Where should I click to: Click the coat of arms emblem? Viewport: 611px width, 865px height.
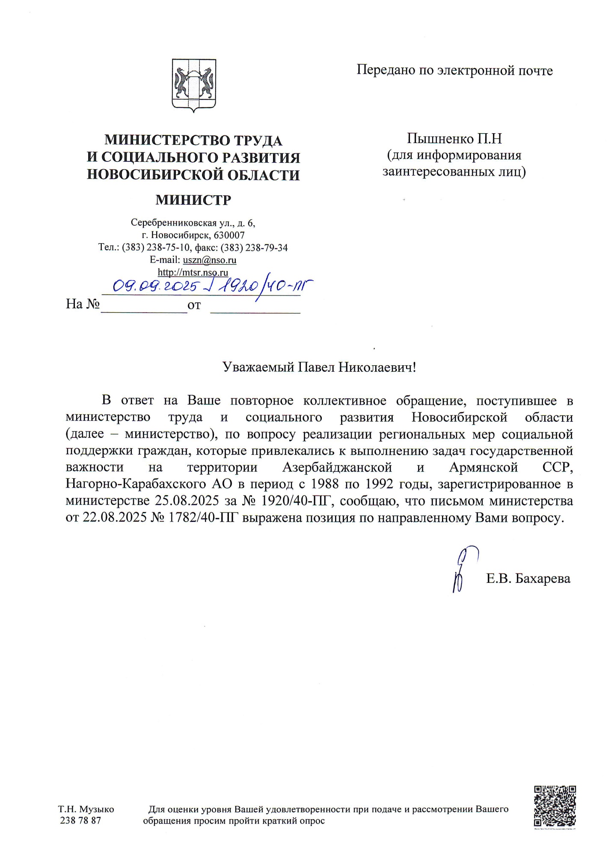pos(194,85)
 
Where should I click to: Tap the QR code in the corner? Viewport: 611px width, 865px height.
pos(555,805)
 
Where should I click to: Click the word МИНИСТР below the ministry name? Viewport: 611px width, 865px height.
pos(193,200)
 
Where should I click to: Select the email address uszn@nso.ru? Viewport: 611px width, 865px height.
pos(210,260)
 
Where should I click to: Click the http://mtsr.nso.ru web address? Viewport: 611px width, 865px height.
pos(193,272)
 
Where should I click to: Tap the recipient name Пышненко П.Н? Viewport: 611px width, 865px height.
pos(454,139)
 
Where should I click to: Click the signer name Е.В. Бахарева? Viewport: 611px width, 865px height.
pos(528,579)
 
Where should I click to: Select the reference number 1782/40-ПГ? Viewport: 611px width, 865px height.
pos(201,518)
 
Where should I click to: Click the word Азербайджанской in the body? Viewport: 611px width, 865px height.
pos(337,467)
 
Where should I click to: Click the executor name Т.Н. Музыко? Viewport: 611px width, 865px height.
pos(86,809)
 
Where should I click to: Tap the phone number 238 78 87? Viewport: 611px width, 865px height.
pos(80,820)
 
